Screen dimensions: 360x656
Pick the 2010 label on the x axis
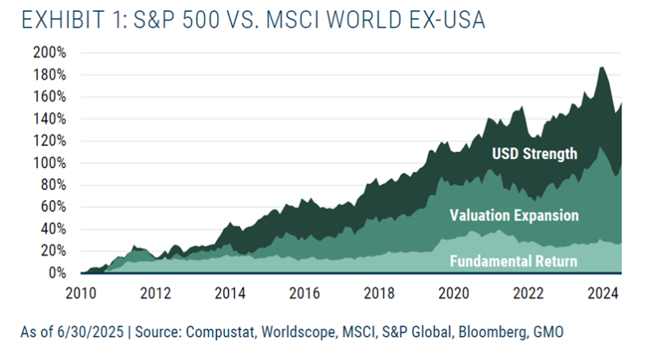(82, 293)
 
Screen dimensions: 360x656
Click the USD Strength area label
(534, 153)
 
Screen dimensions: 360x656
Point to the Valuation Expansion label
(514, 215)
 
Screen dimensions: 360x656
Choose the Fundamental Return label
(513, 260)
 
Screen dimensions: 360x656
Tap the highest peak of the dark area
(602, 67)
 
